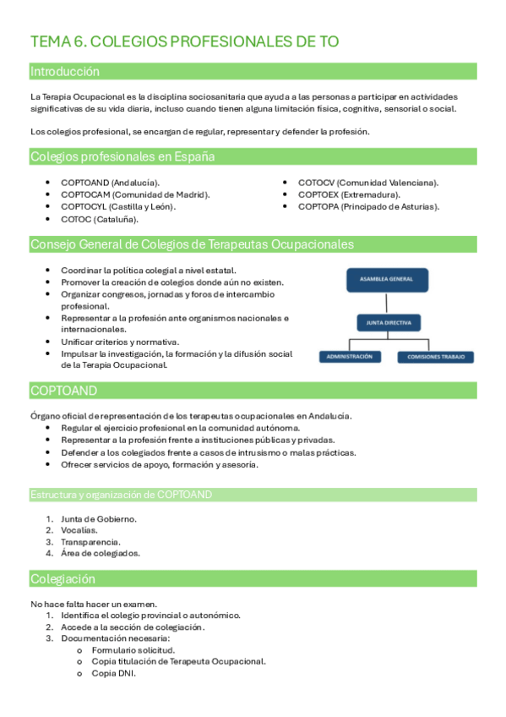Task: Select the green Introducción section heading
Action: (64, 72)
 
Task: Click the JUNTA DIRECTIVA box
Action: (386, 322)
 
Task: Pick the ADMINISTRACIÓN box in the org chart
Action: (350, 357)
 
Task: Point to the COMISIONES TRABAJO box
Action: (435, 357)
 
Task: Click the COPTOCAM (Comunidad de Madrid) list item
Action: (135, 194)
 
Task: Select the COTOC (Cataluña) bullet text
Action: (100, 219)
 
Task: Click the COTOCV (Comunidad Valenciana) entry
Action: (367, 183)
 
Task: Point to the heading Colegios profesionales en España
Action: (122, 157)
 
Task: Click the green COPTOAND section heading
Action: (63, 391)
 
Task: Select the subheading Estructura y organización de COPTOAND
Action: (121, 495)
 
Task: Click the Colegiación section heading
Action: (63, 580)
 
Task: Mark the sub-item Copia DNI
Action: (113, 674)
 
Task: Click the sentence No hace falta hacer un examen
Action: (93, 604)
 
